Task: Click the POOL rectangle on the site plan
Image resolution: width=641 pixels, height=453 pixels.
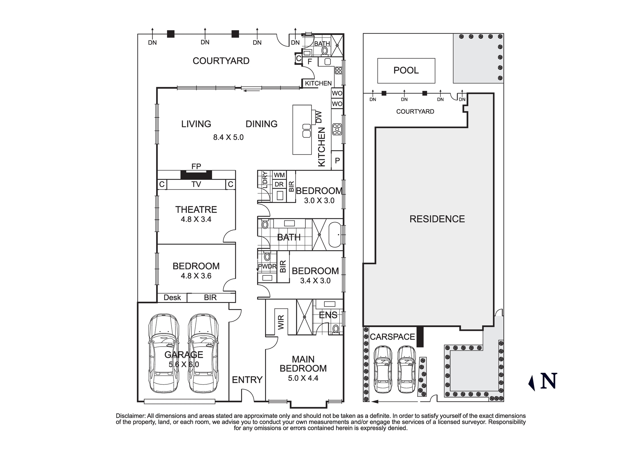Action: click(406, 71)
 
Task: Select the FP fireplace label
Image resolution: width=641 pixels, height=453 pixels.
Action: click(196, 166)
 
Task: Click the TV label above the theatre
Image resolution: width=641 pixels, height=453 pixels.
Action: click(196, 184)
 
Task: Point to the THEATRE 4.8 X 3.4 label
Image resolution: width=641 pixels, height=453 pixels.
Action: click(196, 214)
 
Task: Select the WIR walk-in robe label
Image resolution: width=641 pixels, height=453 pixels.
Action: click(281, 322)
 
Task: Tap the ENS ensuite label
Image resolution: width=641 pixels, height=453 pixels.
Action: click(328, 315)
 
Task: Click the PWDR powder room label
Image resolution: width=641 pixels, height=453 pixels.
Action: click(267, 266)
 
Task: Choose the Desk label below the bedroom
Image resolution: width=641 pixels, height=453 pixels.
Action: click(172, 298)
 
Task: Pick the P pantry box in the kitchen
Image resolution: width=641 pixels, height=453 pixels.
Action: click(337, 160)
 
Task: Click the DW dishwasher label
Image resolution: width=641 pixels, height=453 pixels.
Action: click(319, 117)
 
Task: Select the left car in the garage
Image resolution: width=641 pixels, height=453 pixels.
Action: click(163, 353)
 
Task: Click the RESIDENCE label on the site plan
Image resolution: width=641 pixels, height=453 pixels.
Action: click(437, 219)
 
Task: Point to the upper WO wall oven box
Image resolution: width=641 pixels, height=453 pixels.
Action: click(337, 93)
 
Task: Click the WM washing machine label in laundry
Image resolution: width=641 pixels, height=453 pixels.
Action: click(279, 175)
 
